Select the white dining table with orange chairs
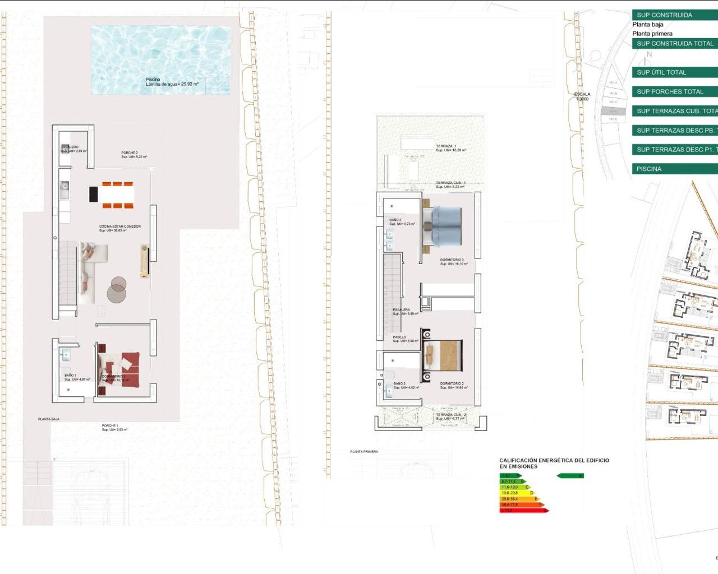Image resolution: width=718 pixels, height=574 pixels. click(117, 195)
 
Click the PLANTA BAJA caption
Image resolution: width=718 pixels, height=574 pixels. click(49, 419)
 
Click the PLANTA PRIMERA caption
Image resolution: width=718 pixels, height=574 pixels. click(364, 451)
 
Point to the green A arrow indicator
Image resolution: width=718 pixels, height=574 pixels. click(570, 476)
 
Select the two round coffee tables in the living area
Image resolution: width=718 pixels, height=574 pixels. click(117, 289)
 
